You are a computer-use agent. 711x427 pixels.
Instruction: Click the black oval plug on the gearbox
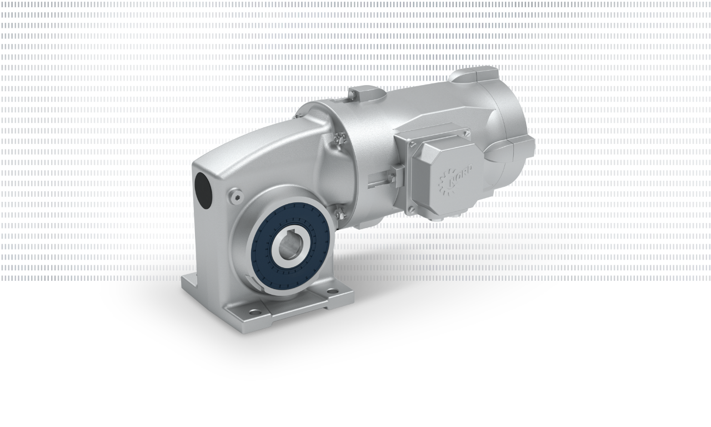point(203,190)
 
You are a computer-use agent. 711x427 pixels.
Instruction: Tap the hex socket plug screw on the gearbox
point(235,194)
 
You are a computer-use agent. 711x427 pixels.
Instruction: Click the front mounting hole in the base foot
point(253,312)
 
